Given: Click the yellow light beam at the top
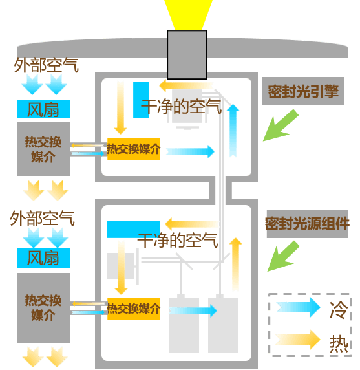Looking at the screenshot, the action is pyautogui.click(x=188, y=15).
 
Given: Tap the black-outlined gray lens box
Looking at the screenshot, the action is pyautogui.click(x=187, y=54).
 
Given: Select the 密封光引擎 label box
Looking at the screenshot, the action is pyautogui.click(x=303, y=91).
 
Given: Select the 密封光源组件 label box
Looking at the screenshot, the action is pyautogui.click(x=307, y=223).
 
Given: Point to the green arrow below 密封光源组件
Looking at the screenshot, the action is pyautogui.click(x=283, y=257).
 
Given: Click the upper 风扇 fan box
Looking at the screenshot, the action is pyautogui.click(x=43, y=109).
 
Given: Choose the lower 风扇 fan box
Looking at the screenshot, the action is pyautogui.click(x=43, y=258).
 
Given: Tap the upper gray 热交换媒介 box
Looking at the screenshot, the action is pyautogui.click(x=43, y=149).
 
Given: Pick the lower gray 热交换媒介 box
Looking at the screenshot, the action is pyautogui.click(x=43, y=308).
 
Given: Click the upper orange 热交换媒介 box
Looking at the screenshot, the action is pyautogui.click(x=133, y=149).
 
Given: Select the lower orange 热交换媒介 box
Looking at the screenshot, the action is pyautogui.click(x=133, y=309).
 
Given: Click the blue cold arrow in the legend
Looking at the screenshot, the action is pyautogui.click(x=298, y=307).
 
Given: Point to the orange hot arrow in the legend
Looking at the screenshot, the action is pyautogui.click(x=298, y=340).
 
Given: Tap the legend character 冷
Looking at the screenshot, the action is pyautogui.click(x=339, y=310).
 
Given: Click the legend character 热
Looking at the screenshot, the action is pyautogui.click(x=339, y=344).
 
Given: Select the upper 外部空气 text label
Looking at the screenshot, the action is pyautogui.click(x=46, y=65).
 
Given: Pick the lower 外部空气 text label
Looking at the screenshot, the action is pyautogui.click(x=43, y=218).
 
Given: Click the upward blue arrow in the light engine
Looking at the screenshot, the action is pyautogui.click(x=233, y=131).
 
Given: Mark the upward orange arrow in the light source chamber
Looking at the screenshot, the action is pyautogui.click(x=235, y=264).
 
